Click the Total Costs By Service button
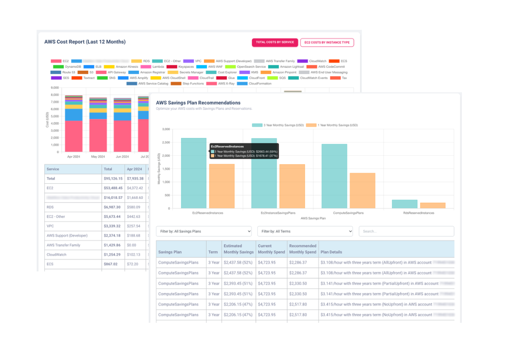click(275, 42)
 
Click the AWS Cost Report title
click(85, 42)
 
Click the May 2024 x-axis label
click(98, 157)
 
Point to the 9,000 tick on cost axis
click(55, 88)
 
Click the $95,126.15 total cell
click(113, 179)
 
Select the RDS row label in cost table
click(50, 207)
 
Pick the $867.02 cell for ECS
click(110, 264)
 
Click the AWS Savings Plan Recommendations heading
click(198, 103)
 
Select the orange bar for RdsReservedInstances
click(433, 205)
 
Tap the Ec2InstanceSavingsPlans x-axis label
click(278, 213)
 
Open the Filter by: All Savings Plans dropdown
click(204, 231)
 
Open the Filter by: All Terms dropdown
click(305, 231)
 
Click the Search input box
click(406, 231)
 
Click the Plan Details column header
click(331, 252)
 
